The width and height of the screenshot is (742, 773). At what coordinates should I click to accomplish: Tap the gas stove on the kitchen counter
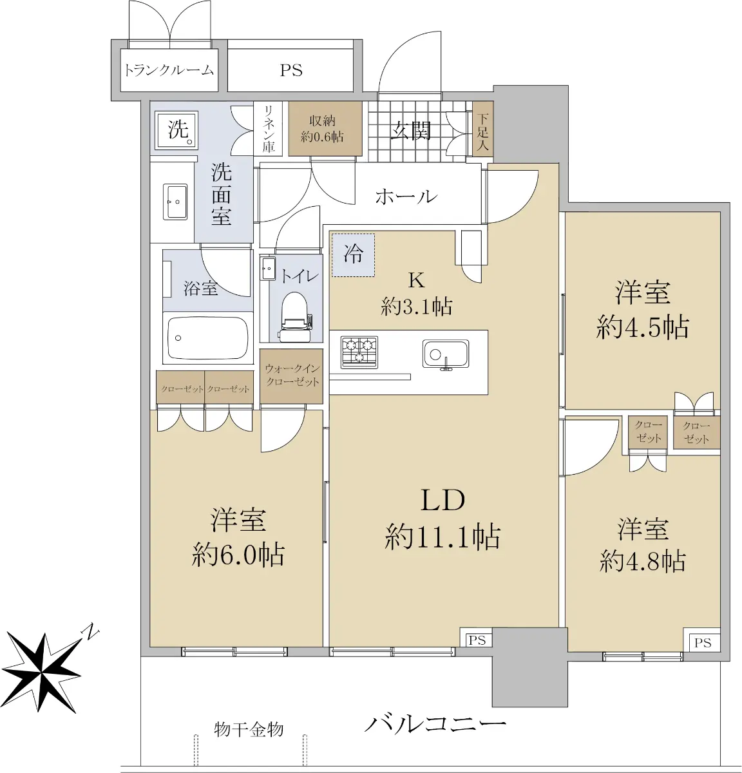359,352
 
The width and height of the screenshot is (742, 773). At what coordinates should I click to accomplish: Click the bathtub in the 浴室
208,338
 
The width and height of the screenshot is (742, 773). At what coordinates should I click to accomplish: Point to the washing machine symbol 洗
176,129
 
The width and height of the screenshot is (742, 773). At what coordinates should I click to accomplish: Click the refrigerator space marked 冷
353,254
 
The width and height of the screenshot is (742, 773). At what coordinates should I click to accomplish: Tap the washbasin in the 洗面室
175,202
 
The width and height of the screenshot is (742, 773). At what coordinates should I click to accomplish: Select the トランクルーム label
169,70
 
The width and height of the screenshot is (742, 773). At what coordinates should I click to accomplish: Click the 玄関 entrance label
411,130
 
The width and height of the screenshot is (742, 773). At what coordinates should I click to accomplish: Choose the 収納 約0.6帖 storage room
325,128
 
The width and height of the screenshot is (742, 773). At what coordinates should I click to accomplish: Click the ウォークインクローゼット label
292,375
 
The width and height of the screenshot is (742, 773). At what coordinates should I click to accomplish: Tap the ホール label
406,196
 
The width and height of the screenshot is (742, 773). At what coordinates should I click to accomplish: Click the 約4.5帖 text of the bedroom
642,328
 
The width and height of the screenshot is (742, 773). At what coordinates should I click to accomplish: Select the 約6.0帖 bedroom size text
238,555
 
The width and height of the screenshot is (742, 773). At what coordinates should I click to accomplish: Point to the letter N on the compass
91,633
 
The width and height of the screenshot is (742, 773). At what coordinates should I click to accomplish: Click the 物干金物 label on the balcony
249,729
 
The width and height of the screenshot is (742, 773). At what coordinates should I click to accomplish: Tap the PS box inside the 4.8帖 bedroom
702,642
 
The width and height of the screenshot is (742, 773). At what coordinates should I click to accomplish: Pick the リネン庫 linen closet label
269,129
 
